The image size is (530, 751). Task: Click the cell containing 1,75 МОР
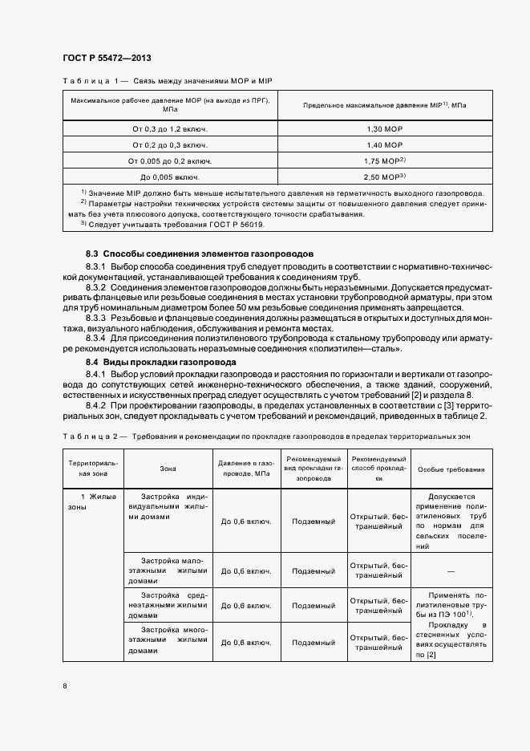pyautogui.click(x=385, y=160)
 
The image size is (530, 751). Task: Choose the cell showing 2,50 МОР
pyautogui.click(x=385, y=177)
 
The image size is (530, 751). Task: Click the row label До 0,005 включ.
pyautogui.click(x=170, y=177)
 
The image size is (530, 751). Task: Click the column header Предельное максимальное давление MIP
pyautogui.click(x=385, y=105)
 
